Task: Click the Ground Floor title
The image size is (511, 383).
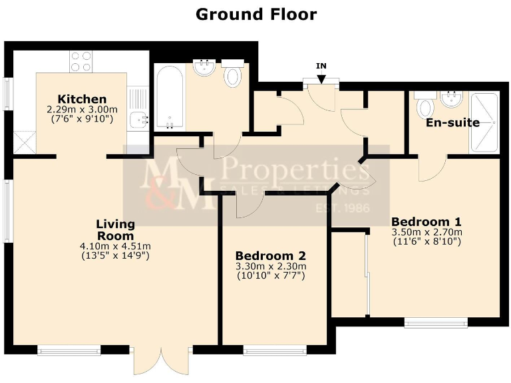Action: click(x=255, y=14)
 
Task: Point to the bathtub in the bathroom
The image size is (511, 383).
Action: click(x=170, y=97)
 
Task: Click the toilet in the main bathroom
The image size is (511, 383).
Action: click(x=233, y=76)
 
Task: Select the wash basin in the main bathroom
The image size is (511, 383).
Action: click(x=204, y=68)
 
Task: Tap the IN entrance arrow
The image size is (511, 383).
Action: click(x=321, y=76)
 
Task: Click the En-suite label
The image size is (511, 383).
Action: click(x=452, y=122)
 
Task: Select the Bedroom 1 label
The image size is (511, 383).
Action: click(x=426, y=221)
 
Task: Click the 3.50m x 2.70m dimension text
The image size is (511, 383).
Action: click(x=426, y=232)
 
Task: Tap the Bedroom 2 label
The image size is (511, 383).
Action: click(x=270, y=255)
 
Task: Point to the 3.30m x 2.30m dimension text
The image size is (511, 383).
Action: click(x=270, y=266)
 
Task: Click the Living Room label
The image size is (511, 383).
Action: click(x=114, y=229)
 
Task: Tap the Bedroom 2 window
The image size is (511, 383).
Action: click(x=275, y=349)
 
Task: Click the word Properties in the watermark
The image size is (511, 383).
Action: click(x=296, y=171)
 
